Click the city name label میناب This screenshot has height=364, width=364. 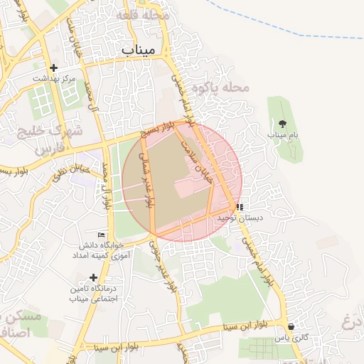pyautogui.click(x=143, y=50)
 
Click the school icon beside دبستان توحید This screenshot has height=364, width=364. pyautogui.click(x=239, y=208)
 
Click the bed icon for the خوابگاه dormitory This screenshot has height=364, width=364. pyautogui.click(x=100, y=235)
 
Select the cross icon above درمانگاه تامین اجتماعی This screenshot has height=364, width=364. pyautogui.click(x=92, y=277)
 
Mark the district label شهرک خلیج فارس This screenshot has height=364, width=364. pyautogui.click(x=57, y=139)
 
